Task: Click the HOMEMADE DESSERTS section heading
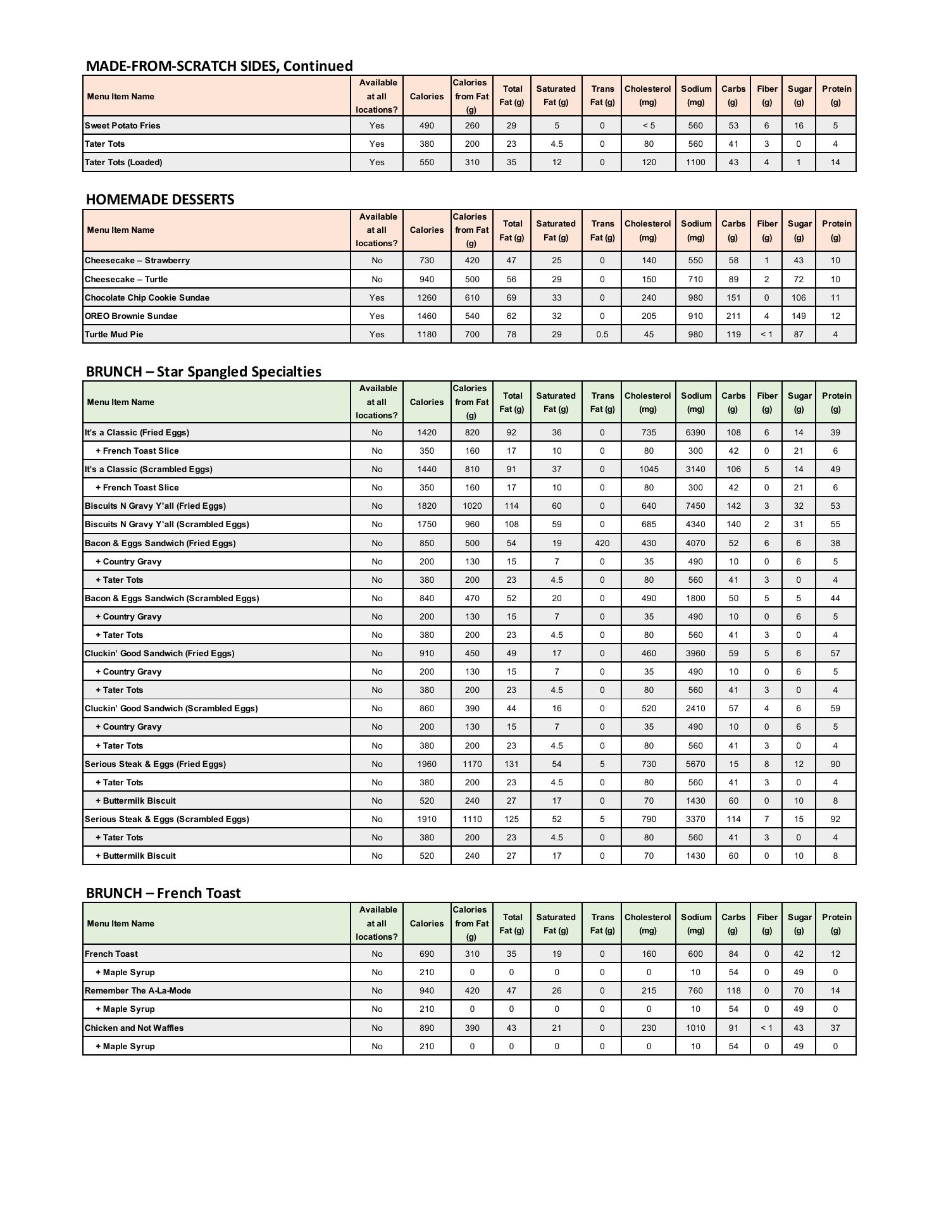(160, 199)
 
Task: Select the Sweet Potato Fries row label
(123, 125)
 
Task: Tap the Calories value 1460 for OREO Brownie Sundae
(426, 316)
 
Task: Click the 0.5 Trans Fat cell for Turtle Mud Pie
(602, 334)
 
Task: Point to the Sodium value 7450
(695, 506)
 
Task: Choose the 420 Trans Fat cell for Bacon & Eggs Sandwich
(602, 543)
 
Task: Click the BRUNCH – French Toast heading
(163, 893)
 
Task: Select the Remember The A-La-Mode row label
(138, 990)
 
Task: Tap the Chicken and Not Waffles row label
(134, 1028)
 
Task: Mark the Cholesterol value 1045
(649, 469)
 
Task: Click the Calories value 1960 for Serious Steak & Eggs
(426, 764)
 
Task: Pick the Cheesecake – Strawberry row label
(137, 260)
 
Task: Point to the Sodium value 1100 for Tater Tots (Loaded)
(695, 162)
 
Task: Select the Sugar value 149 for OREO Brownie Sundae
(799, 316)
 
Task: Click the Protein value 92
(835, 819)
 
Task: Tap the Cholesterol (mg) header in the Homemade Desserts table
(648, 230)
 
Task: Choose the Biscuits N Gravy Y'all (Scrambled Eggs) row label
(167, 524)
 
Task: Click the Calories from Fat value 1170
(471, 764)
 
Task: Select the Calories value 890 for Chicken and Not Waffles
(426, 1028)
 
